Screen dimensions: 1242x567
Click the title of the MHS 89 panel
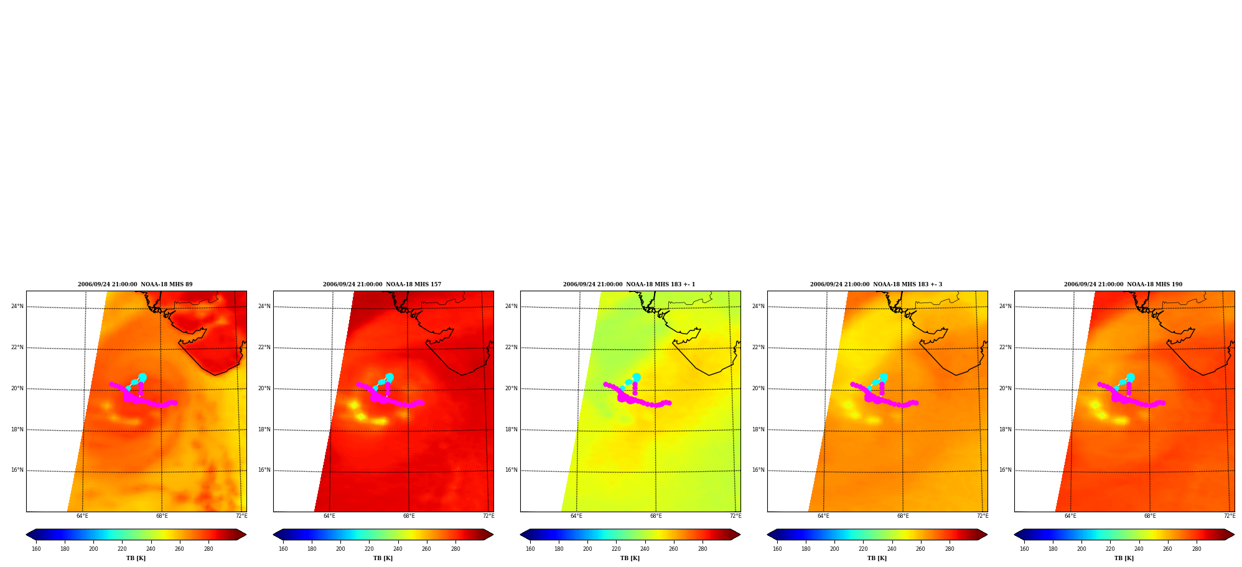pyautogui.click(x=135, y=284)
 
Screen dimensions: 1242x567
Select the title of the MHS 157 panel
pyautogui.click(x=382, y=284)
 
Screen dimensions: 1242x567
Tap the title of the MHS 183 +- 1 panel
pyautogui.click(x=629, y=284)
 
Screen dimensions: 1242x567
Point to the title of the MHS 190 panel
pyautogui.click(x=1123, y=284)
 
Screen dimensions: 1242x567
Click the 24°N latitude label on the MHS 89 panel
pyautogui.click(x=17, y=306)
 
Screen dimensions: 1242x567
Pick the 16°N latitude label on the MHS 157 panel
pyautogui.click(x=264, y=470)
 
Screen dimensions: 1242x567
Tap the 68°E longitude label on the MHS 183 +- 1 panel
pyautogui.click(x=656, y=516)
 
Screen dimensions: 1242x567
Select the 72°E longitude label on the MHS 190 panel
pyautogui.click(x=1230, y=516)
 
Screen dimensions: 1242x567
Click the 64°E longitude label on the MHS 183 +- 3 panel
pyautogui.click(x=823, y=516)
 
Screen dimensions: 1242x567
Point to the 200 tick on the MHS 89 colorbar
pyautogui.click(x=93, y=549)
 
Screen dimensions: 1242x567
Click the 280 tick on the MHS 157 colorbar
pyautogui.click(x=455, y=549)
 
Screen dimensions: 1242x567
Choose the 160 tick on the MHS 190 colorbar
pyautogui.click(x=1024, y=549)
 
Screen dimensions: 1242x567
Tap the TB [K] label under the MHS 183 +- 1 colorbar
pyautogui.click(x=630, y=558)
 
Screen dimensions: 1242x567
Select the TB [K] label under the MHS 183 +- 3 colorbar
pyautogui.click(x=877, y=558)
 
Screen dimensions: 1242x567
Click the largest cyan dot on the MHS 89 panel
pyautogui.click(x=142, y=377)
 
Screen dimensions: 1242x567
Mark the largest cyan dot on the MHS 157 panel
pyautogui.click(x=390, y=377)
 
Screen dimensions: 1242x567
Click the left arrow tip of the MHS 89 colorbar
pyautogui.click(x=26, y=535)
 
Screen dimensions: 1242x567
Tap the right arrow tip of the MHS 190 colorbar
pyautogui.click(x=1235, y=535)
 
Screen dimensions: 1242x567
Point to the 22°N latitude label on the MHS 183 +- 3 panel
pyautogui.click(x=759, y=347)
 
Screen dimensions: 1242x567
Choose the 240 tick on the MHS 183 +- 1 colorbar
pyautogui.click(x=645, y=549)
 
